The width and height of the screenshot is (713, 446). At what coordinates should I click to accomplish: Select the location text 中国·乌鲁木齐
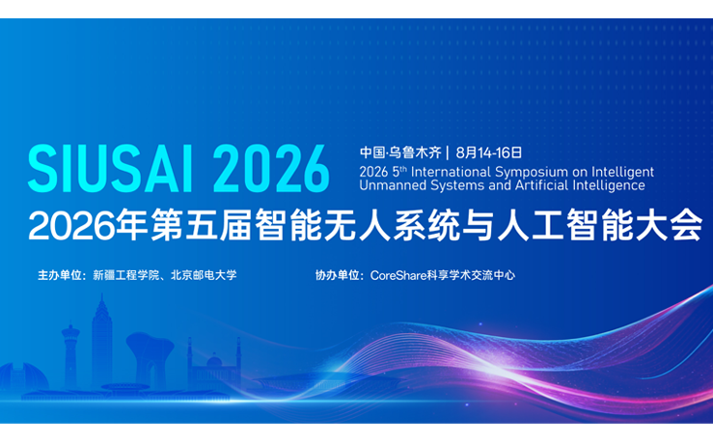point(399,152)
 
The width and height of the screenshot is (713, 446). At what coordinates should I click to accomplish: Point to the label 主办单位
point(60,275)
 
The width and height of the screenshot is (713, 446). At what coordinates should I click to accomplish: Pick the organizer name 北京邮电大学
point(204,275)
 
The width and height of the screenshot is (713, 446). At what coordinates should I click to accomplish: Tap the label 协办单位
point(338,275)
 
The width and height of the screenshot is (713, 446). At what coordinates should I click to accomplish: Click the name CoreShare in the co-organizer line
point(398,275)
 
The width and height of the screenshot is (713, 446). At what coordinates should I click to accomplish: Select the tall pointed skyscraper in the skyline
point(102,338)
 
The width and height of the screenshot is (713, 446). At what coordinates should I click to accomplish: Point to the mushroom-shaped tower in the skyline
point(150,352)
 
